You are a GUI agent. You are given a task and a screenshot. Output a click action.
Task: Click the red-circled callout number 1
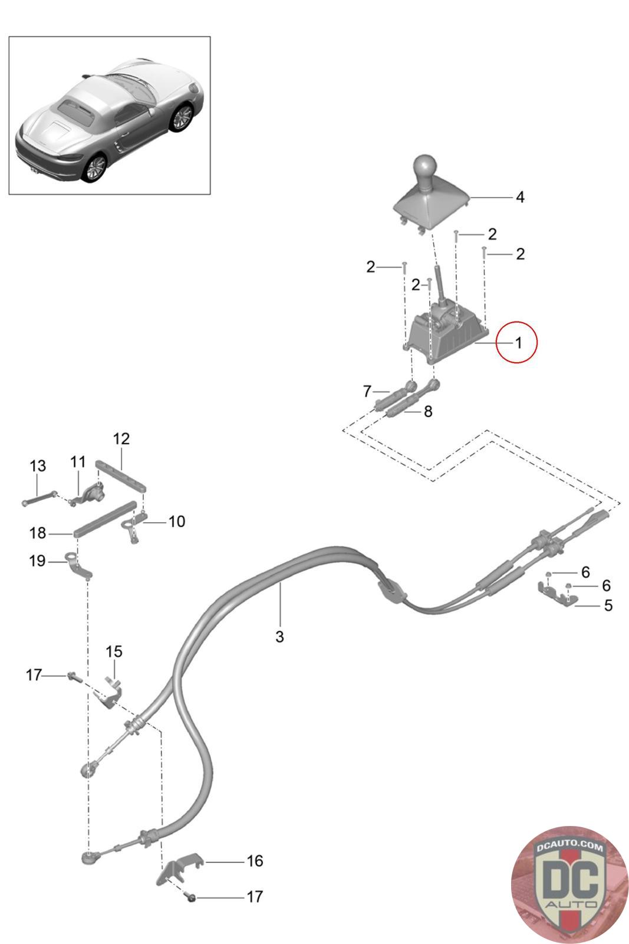point(518,343)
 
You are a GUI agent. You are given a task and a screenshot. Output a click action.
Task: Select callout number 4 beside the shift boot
point(520,197)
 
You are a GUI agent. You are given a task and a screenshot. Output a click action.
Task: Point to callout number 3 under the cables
point(279,637)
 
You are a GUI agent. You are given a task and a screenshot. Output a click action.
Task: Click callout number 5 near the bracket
point(608,605)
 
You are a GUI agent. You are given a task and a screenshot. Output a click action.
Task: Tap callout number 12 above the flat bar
point(121,439)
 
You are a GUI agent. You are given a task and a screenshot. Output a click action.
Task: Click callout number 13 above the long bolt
point(38,466)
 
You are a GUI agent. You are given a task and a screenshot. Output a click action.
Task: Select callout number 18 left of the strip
point(38,533)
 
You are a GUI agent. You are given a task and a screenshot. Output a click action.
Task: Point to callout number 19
point(38,561)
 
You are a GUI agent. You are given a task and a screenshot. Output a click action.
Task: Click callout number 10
point(177,522)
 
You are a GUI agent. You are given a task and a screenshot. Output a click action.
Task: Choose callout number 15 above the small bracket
point(114,651)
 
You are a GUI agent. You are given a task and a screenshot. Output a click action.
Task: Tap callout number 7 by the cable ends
point(367,392)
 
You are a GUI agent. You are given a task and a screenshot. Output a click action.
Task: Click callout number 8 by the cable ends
point(428,411)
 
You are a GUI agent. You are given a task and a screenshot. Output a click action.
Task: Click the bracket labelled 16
point(179,867)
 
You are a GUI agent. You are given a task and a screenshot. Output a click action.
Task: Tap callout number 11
point(78,461)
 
